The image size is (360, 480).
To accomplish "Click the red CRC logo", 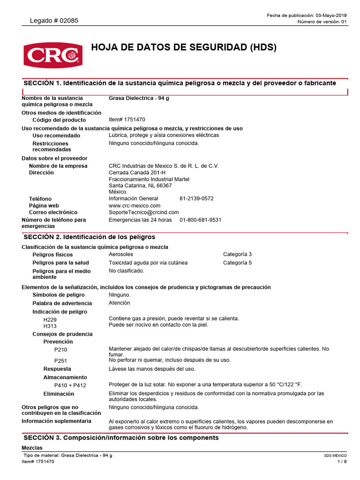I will click(52, 54).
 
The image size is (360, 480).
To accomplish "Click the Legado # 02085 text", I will click(54, 21).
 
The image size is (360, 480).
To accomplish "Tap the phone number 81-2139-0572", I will click(196, 198).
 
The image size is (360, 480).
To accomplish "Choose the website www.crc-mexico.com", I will click(135, 205).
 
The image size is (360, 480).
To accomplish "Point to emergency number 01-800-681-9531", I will click(200, 220).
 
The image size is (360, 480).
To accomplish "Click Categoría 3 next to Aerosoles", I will click(237, 254).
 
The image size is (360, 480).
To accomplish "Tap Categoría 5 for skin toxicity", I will click(237, 262).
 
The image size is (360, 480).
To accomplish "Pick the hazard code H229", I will click(50, 319).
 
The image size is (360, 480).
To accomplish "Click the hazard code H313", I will click(50, 325).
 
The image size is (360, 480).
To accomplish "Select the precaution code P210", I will click(61, 350).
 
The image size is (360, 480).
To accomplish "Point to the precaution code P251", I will click(61, 360).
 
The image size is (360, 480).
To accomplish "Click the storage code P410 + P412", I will click(70, 385).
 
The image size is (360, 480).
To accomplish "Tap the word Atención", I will click(120, 303).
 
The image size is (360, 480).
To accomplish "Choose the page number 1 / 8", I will click(342, 462).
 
